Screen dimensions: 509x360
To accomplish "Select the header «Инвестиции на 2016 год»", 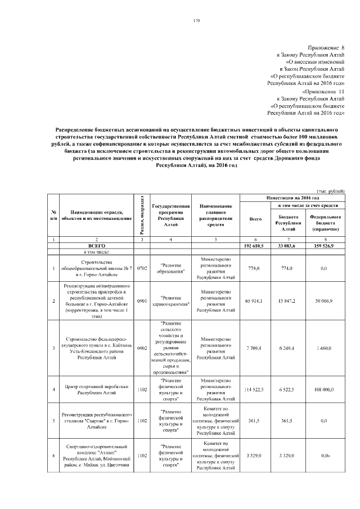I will [292, 199].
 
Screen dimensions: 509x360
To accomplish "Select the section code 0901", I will [142, 301].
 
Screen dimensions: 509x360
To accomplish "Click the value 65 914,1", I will [255, 301].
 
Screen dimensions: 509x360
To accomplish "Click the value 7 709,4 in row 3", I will [255, 348].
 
